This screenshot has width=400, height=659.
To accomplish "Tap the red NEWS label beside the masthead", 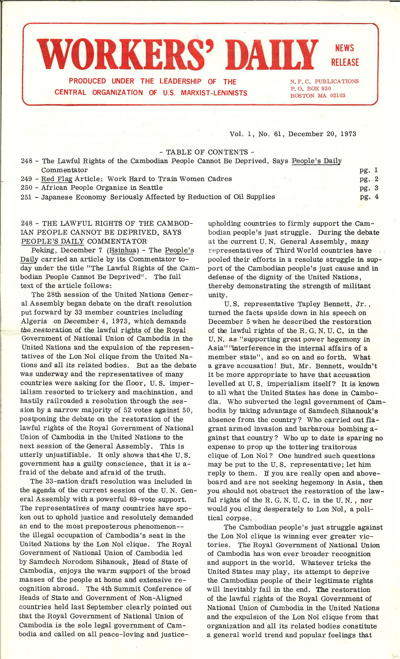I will coord(344,48).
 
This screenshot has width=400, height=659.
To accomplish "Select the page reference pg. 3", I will coord(369,188).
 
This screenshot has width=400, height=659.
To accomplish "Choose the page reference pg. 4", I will coord(369,197).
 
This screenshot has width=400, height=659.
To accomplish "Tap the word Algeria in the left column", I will coord(34,321).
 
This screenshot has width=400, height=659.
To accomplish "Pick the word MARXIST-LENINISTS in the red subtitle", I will coord(214,93).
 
